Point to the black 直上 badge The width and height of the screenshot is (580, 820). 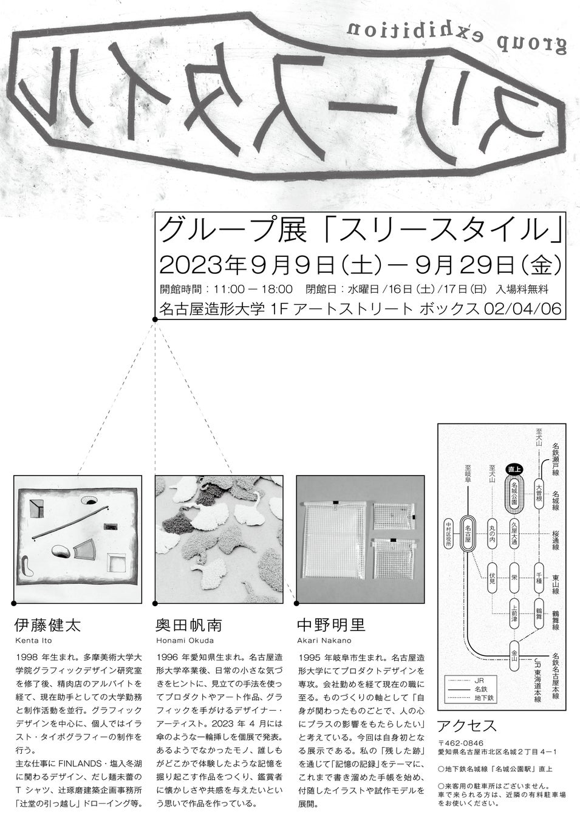point(514,468)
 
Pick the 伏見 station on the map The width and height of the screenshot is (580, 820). point(492,574)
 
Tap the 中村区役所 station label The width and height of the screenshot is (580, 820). point(448,534)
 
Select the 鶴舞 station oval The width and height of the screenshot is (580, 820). point(539,612)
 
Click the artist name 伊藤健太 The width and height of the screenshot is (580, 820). point(47,626)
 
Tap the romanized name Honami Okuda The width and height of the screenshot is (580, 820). point(185,640)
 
